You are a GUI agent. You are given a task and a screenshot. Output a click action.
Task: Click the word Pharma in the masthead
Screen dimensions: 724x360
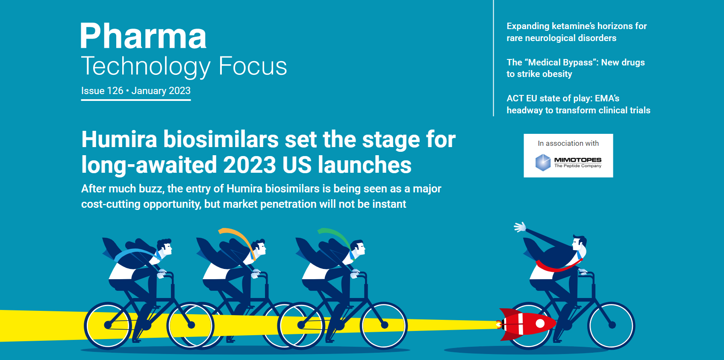click(143, 35)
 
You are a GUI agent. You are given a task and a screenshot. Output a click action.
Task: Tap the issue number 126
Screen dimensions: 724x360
click(115, 91)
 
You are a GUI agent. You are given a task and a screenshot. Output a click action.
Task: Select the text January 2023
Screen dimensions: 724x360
click(161, 91)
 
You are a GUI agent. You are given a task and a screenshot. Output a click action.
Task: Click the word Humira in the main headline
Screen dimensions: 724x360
click(119, 139)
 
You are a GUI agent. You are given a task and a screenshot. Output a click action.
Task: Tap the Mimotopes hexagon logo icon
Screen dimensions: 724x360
click(543, 162)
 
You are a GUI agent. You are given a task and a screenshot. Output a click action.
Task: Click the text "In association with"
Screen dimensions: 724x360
click(568, 143)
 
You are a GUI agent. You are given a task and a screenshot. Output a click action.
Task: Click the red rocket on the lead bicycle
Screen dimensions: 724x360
click(527, 324)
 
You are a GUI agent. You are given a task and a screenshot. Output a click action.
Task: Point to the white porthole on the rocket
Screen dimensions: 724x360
click(540, 323)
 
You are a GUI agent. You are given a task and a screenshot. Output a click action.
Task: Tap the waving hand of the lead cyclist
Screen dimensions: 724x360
click(520, 227)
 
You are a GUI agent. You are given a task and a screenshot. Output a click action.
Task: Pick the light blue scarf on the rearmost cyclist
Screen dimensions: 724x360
click(137, 253)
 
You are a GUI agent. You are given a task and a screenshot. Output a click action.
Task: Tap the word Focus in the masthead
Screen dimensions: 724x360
click(253, 66)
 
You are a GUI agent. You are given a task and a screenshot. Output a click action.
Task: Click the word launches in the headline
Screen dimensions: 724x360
click(365, 165)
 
